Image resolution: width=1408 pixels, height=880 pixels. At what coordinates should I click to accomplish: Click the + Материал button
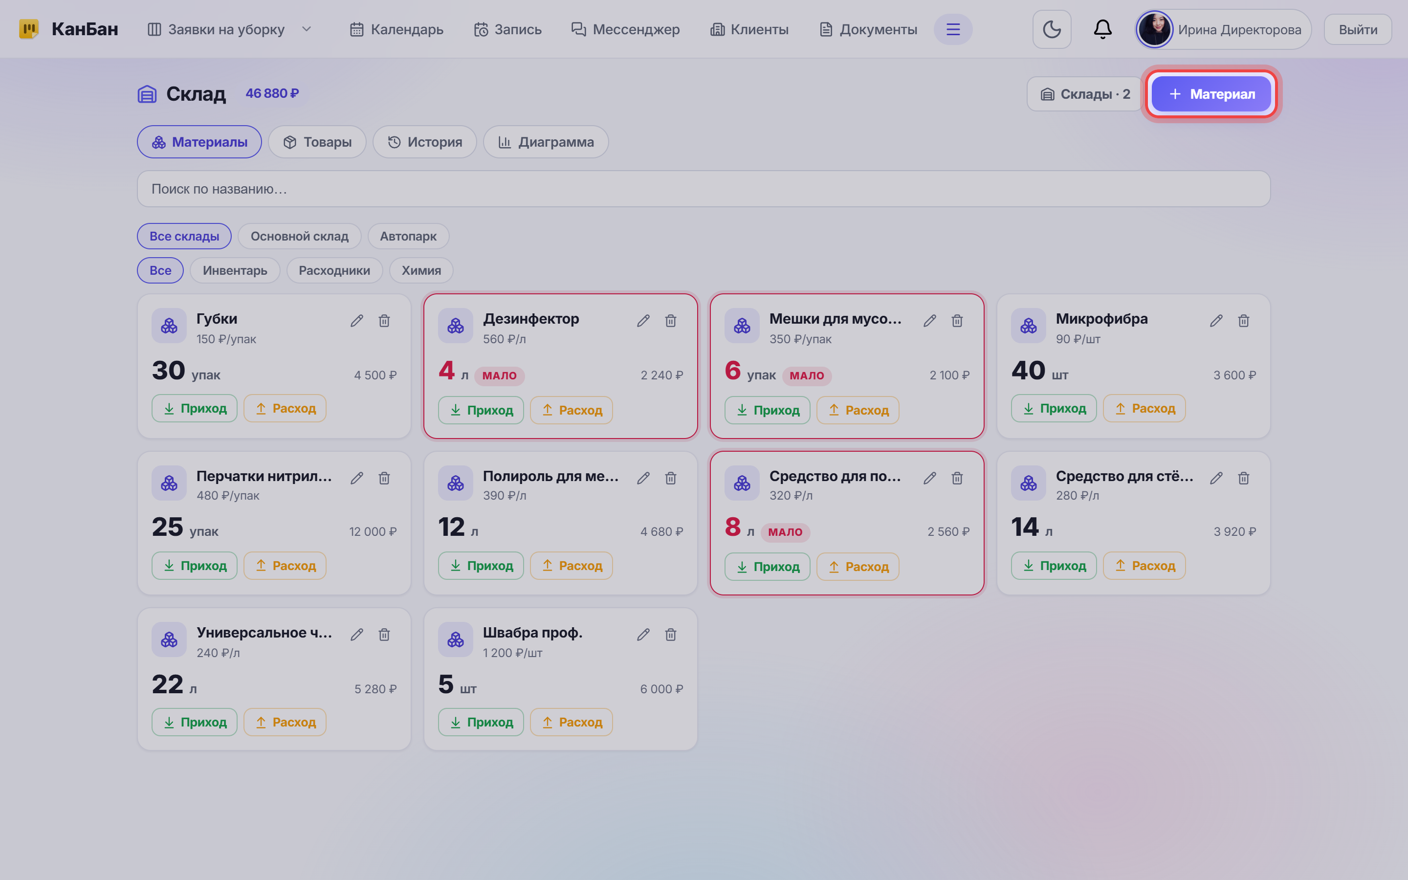pos(1211,94)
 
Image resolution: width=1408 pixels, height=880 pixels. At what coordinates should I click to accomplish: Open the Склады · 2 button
pos(1085,94)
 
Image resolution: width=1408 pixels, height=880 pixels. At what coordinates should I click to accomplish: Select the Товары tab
pos(317,142)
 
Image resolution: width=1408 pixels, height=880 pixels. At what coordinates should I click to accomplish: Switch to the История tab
pos(425,142)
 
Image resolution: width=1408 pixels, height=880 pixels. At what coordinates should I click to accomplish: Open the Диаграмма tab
pos(546,142)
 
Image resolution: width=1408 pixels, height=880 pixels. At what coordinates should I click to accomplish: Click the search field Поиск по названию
pos(704,189)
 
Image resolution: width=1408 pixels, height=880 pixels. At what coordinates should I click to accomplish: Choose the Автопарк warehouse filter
pos(408,236)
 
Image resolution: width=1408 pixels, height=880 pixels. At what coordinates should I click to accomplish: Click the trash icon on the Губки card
pos(384,321)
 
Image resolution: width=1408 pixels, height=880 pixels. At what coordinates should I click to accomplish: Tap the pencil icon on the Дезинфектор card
pos(643,321)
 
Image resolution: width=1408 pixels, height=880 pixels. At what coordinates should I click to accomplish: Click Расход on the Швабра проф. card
pos(572,722)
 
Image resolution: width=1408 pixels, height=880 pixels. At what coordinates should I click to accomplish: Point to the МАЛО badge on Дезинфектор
pos(499,376)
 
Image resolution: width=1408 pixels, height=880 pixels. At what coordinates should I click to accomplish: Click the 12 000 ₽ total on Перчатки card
pos(373,531)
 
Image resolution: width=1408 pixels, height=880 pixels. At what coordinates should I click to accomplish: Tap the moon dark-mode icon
pos(1051,29)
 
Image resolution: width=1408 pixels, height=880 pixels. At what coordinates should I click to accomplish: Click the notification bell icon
pos(1102,29)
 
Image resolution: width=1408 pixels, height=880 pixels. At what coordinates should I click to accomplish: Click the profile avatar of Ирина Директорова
pos(1154,29)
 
